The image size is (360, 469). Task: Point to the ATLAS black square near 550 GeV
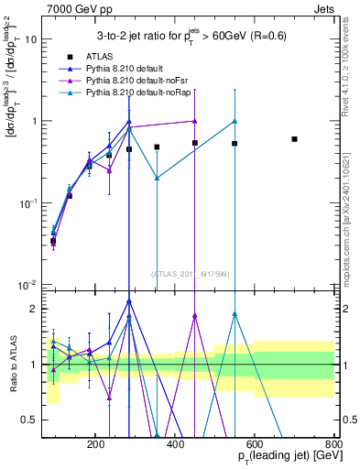coord(235,144)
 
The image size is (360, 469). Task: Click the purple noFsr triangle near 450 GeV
coord(195,121)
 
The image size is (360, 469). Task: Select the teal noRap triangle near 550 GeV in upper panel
coord(235,121)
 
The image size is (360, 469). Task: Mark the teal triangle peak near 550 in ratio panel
coord(235,314)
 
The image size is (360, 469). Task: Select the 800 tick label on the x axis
coord(333,443)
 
